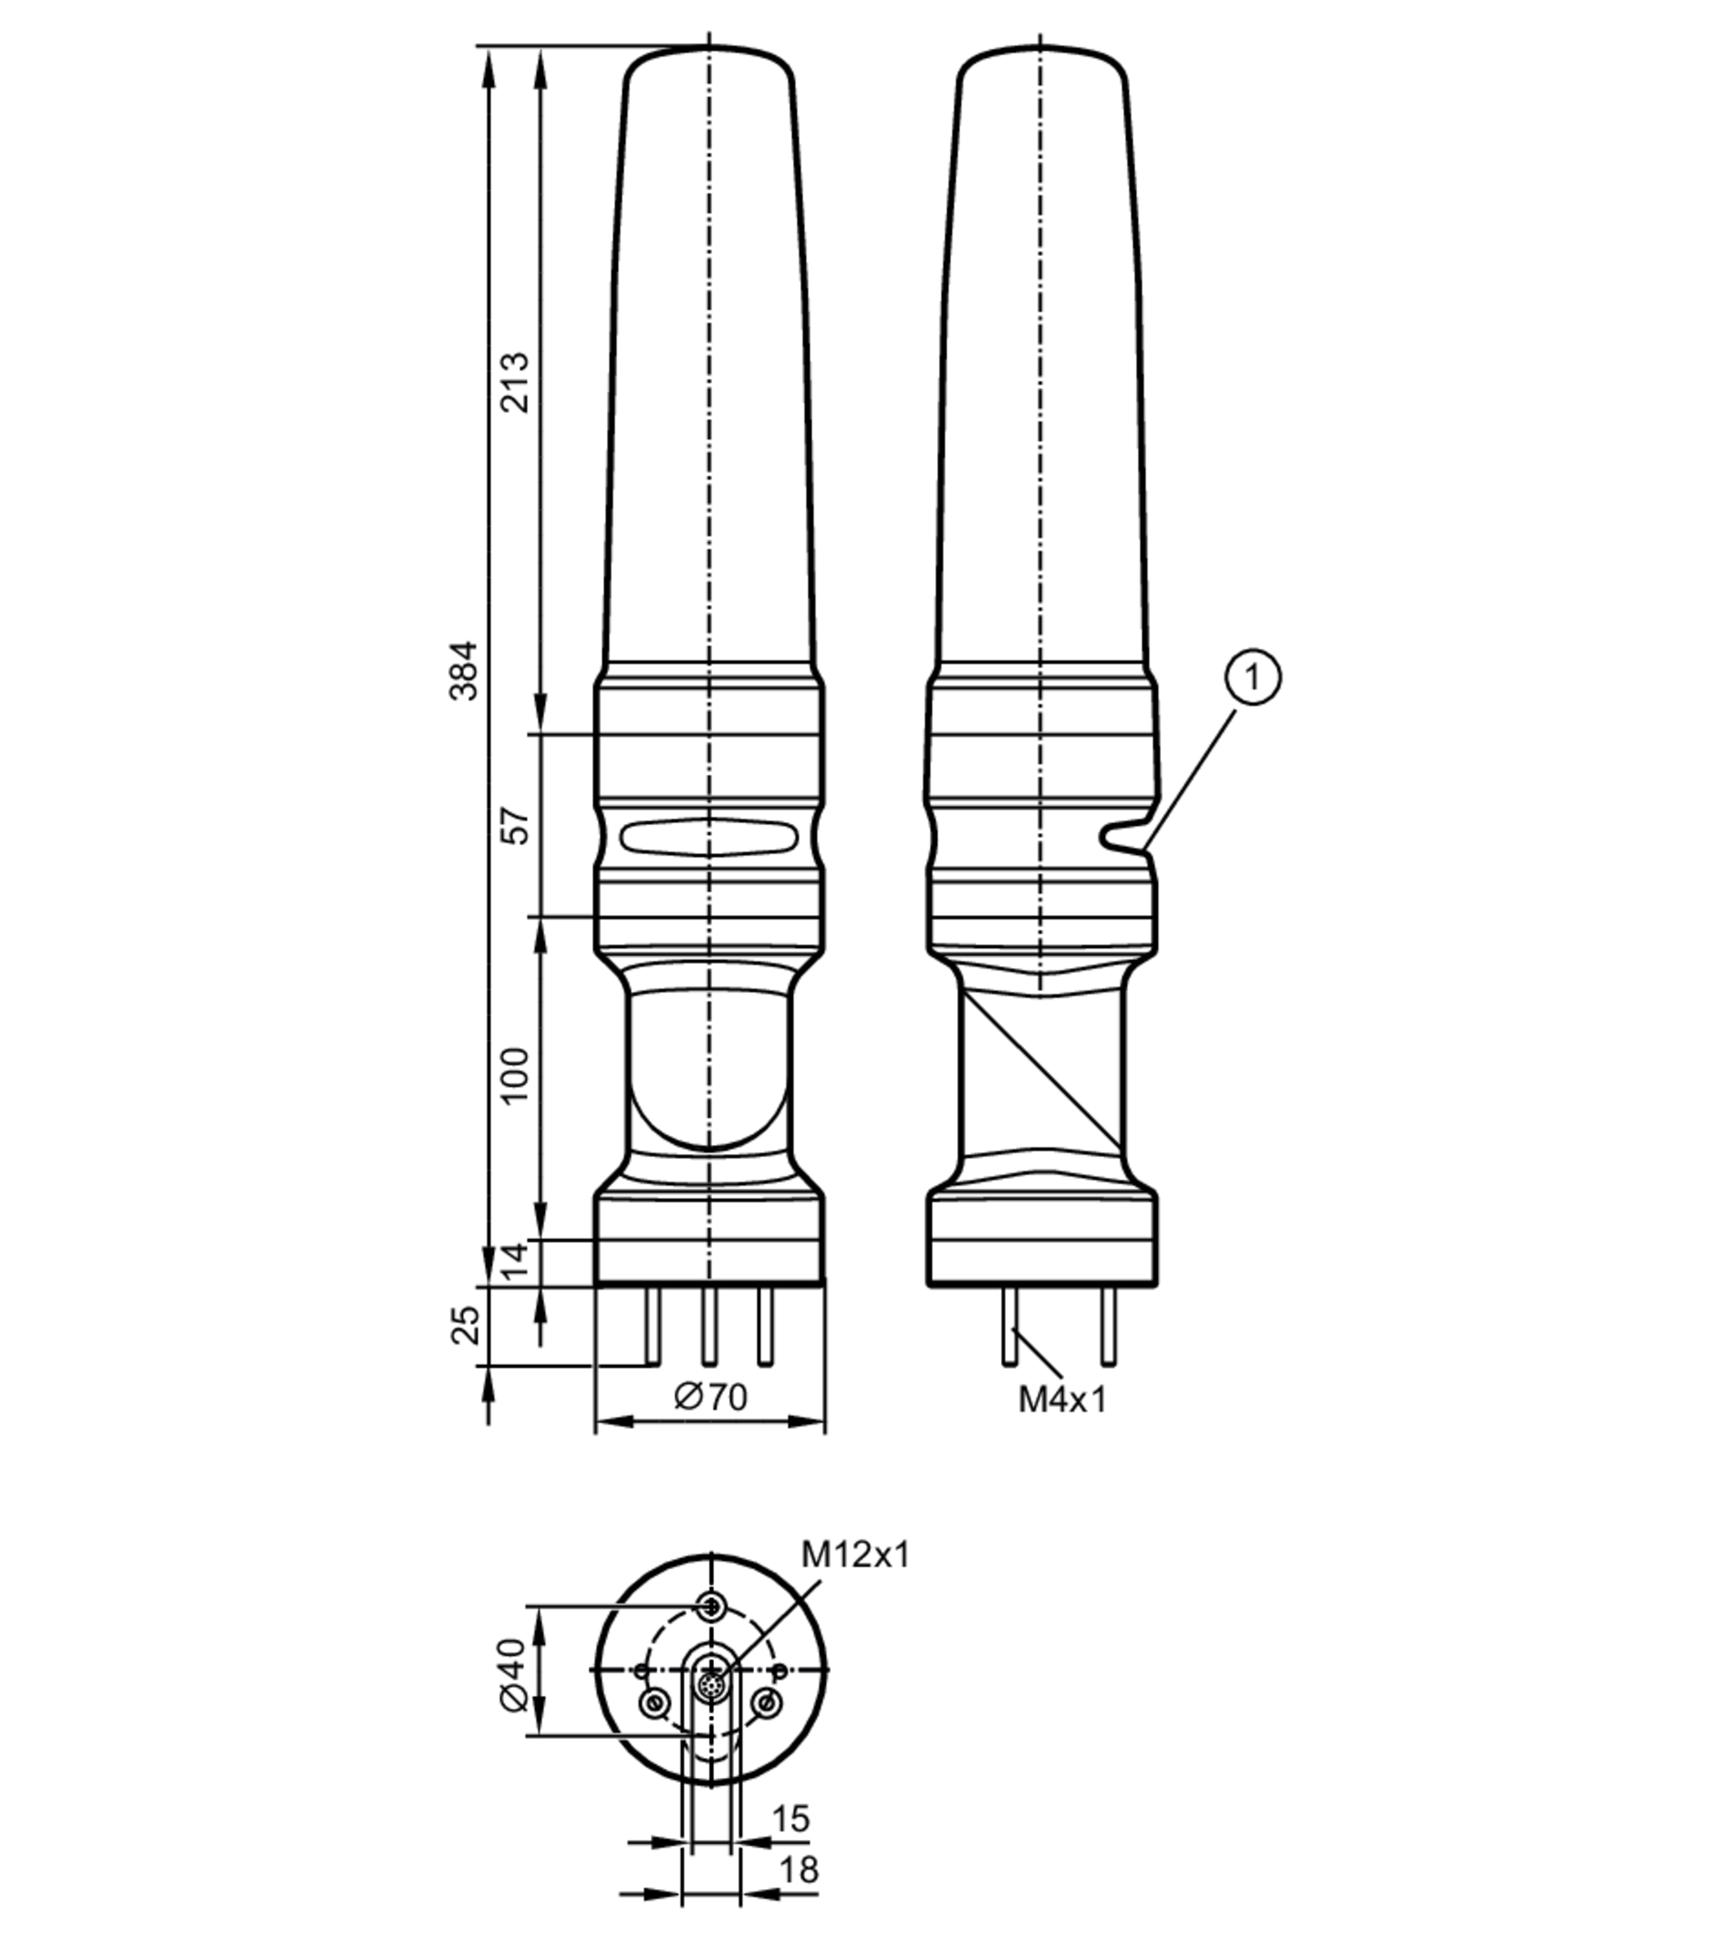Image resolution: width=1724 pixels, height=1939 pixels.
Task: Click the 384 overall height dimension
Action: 464,670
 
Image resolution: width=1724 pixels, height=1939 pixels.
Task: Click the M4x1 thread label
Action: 1063,1400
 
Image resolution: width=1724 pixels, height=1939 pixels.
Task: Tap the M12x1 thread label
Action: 855,1555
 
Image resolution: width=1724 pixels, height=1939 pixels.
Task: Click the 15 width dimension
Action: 790,1818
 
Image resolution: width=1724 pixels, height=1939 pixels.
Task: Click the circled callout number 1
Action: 1252,677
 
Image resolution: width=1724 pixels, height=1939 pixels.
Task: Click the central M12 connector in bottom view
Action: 710,1686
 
